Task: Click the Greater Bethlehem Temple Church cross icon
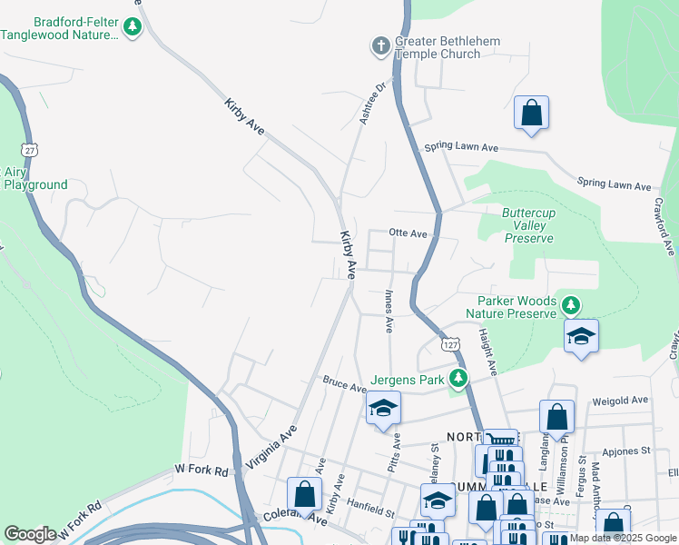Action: [380, 45]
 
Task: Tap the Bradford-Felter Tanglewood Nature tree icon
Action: [133, 26]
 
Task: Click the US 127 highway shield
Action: [449, 343]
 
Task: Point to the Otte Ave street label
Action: [408, 233]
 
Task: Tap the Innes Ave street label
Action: [389, 309]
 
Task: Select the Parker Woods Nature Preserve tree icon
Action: [571, 304]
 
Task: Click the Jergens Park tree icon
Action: [459, 378]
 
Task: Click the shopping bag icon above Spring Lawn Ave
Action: [531, 114]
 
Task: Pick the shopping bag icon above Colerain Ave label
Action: [304, 494]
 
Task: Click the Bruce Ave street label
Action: [344, 385]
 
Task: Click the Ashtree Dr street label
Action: [373, 104]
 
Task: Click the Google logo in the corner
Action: [30, 534]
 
